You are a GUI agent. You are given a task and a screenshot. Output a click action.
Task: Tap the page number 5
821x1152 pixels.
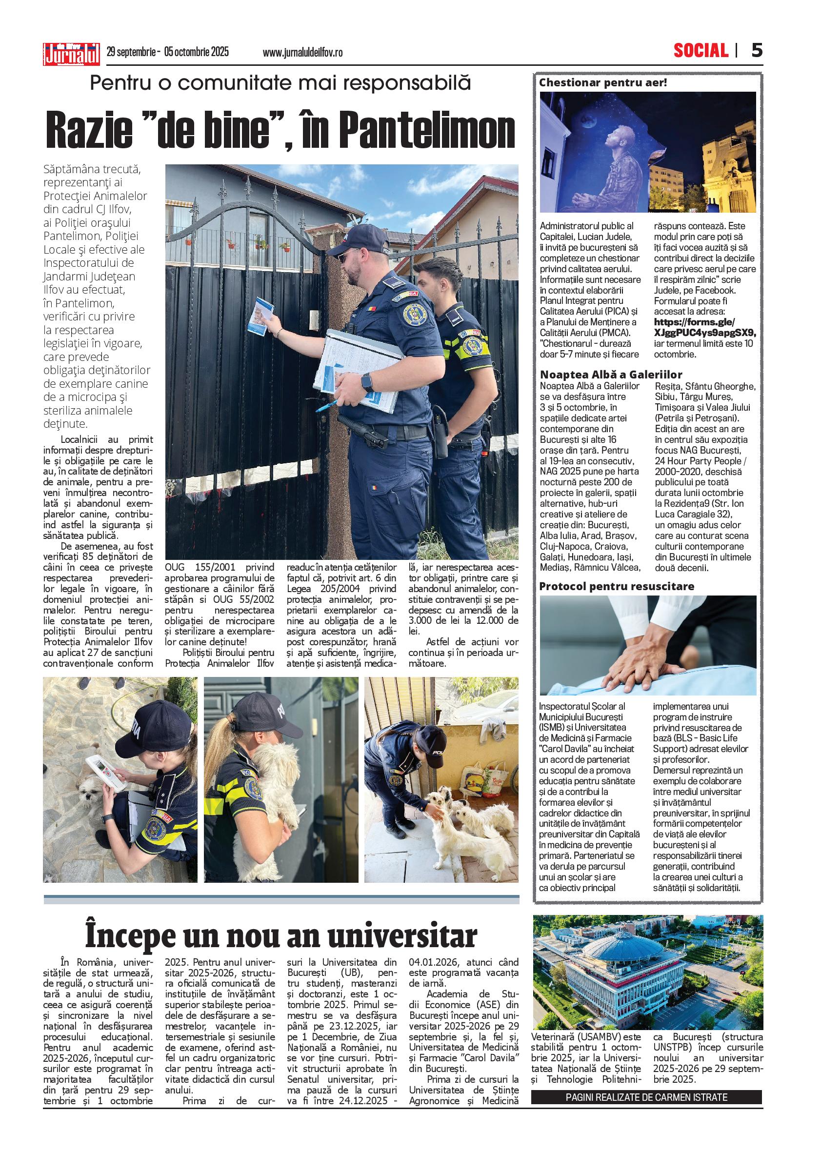[756, 51]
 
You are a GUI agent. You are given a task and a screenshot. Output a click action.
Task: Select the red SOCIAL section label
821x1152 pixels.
[701, 51]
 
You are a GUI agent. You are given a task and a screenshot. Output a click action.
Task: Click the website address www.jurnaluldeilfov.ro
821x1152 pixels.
[302, 53]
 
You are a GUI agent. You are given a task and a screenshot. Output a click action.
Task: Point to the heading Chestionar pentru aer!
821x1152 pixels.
[602, 82]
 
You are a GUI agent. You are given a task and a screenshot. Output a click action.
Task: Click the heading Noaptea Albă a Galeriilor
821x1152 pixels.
[611, 375]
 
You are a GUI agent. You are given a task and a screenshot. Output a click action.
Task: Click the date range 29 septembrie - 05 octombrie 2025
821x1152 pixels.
[168, 52]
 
